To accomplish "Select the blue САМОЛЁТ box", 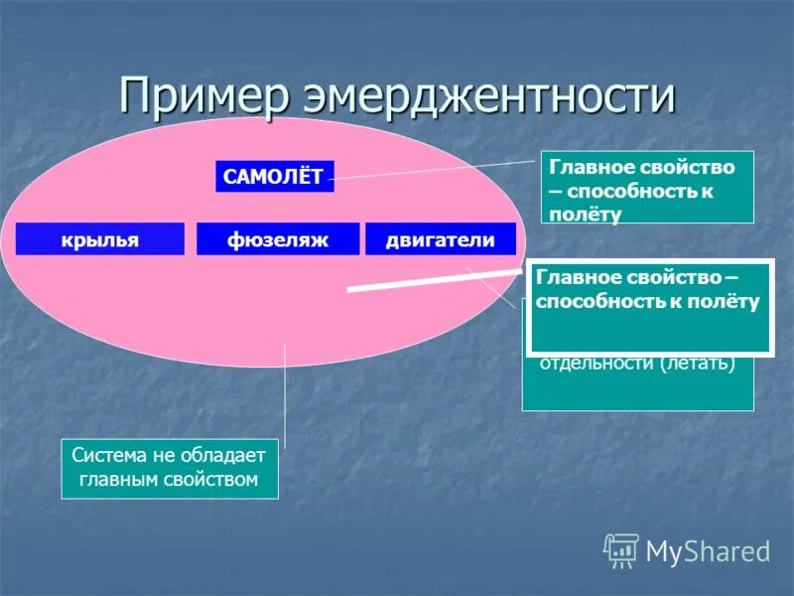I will point(273,177).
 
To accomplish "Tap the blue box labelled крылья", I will point(100,239).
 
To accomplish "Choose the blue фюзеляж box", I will point(277,239).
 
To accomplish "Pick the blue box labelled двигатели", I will point(441,239).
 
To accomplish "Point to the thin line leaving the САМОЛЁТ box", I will point(437,171).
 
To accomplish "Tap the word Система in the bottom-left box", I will point(109,456).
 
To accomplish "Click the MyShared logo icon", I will point(621,549).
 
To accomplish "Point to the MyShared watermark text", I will point(708,550).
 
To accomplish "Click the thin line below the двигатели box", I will point(491,282).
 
